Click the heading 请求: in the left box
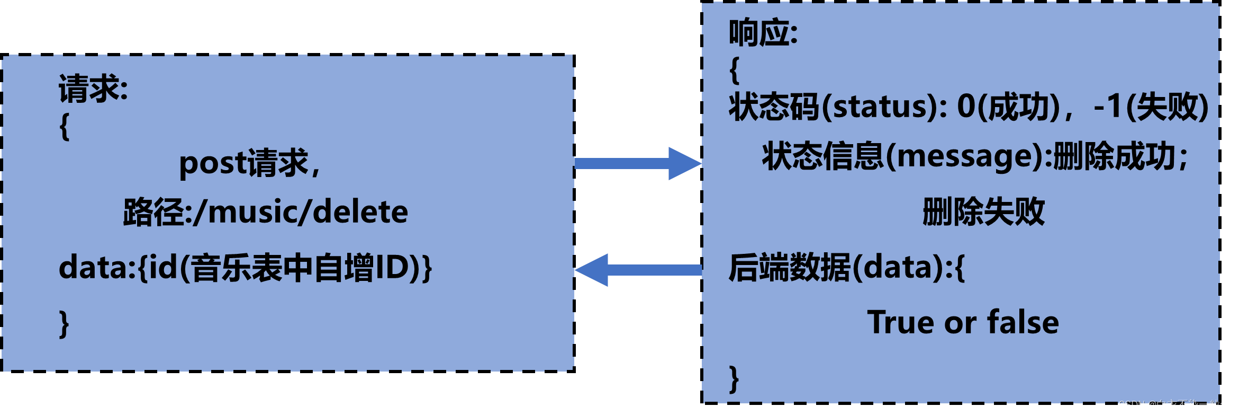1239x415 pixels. click(x=93, y=89)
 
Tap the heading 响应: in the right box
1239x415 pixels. click(x=763, y=33)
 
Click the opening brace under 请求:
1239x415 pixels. click(x=65, y=127)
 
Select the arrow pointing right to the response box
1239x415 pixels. click(x=638, y=163)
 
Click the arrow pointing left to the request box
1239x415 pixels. click(x=638, y=270)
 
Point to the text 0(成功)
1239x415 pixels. click(x=1008, y=107)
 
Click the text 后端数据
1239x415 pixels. click(x=789, y=267)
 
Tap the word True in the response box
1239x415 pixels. click(x=901, y=322)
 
